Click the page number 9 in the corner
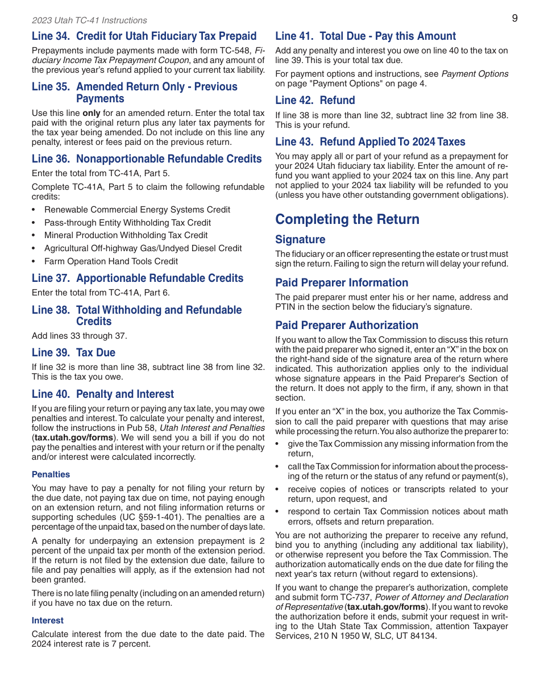514,18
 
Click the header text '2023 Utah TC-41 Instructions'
89,20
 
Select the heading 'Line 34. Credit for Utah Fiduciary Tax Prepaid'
144,36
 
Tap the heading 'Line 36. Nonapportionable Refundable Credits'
147,159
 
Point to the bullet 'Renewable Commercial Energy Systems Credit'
137,210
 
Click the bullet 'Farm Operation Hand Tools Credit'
111,261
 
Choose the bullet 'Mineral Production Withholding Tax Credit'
126,235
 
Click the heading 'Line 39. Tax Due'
73,353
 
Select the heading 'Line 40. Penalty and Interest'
103,394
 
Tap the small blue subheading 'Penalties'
51,475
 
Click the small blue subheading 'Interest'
48,621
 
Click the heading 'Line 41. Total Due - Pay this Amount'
365,36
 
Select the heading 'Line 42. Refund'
315,101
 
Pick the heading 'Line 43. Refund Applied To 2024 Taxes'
370,142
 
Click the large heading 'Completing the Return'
347,219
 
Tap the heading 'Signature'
300,240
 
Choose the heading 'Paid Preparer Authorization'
347,326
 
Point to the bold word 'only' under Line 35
91,113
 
